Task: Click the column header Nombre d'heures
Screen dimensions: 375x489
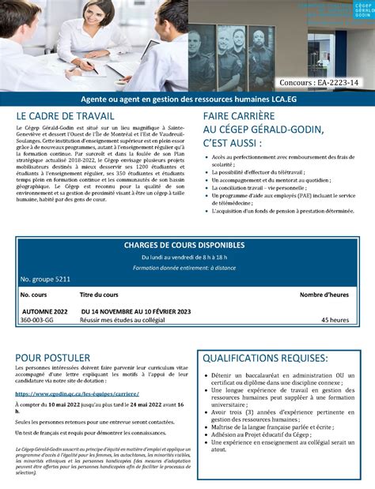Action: [324, 295]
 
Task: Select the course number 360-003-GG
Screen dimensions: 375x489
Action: [37, 320]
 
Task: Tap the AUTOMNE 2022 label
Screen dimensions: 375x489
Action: [44, 311]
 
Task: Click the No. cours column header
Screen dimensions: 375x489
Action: [34, 295]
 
